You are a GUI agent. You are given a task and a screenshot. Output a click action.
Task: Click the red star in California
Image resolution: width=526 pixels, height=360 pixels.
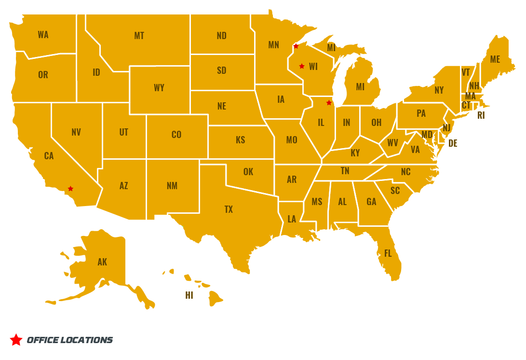tap(70, 189)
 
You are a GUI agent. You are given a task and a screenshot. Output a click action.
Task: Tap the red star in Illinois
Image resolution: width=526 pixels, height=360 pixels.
tap(329, 103)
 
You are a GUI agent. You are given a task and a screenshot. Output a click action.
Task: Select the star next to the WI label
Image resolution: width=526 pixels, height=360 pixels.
tap(302, 66)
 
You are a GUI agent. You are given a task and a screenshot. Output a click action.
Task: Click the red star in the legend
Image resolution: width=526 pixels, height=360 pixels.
tap(16, 340)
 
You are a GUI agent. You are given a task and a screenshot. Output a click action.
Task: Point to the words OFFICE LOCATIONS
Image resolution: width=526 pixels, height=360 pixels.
tap(69, 340)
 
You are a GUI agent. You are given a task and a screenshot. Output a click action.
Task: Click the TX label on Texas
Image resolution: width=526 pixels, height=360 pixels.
tap(229, 209)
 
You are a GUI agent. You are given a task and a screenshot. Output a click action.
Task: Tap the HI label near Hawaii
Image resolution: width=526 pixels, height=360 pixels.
tap(189, 295)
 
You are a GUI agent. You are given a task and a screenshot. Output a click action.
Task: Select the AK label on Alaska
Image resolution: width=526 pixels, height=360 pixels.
tap(102, 262)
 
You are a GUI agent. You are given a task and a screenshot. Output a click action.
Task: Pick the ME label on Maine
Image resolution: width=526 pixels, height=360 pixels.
tap(495, 59)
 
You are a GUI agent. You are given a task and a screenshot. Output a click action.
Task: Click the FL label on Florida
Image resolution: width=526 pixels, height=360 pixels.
tap(388, 253)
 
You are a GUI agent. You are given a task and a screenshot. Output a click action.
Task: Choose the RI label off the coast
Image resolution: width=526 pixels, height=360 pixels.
tap(481, 116)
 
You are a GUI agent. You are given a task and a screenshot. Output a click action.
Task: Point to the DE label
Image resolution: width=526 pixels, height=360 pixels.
tap(453, 143)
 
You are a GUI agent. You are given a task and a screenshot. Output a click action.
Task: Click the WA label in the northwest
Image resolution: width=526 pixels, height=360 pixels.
tap(43, 35)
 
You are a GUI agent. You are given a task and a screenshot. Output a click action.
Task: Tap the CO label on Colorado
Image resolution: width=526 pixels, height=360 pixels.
tap(176, 135)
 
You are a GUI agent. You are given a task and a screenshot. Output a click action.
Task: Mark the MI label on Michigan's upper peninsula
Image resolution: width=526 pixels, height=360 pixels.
tap(331, 48)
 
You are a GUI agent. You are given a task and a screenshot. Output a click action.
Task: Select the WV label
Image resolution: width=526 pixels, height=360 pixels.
tap(392, 143)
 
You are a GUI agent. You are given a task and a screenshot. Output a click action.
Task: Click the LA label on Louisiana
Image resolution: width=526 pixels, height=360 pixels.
tap(292, 219)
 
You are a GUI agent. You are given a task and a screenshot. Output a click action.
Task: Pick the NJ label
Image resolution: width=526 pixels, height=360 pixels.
tap(446, 128)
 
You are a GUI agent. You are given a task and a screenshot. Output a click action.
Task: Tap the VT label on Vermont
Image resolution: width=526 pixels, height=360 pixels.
tap(466, 72)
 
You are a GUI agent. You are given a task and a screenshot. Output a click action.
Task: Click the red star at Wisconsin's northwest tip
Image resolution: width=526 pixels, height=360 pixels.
tap(296, 46)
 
